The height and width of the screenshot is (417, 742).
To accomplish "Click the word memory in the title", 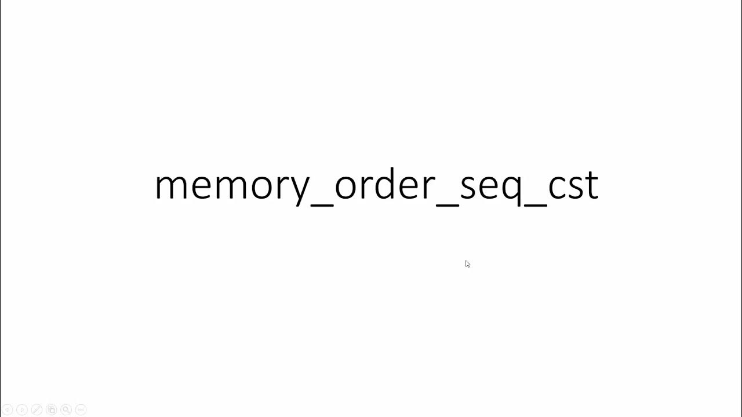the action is tap(232, 185).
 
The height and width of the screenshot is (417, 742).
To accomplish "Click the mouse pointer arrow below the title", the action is tap(467, 264).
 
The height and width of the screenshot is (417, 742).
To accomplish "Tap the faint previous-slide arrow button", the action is tap(8, 409).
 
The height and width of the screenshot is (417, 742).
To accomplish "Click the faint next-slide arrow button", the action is tap(22, 409).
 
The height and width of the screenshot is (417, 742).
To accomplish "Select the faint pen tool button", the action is tap(37, 409).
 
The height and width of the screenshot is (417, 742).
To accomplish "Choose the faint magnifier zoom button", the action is tap(66, 409).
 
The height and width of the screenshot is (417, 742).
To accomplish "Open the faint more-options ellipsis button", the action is tap(81, 409).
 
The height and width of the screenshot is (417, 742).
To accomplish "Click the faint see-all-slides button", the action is tap(51, 409).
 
